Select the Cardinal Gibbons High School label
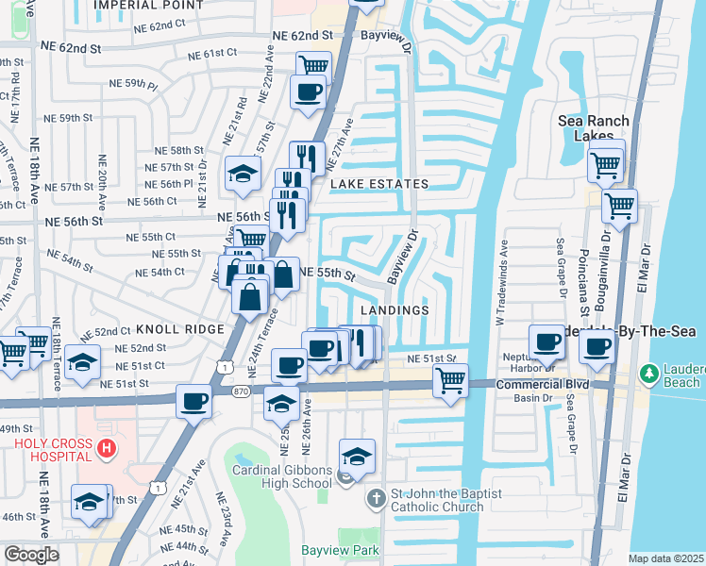click(283, 477)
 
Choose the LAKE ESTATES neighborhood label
click(378, 184)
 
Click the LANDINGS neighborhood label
click(395, 310)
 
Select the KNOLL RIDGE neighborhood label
click(179, 329)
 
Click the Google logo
click(31, 555)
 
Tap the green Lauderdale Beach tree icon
click(649, 375)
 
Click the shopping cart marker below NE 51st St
click(450, 382)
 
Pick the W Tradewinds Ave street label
click(501, 282)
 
